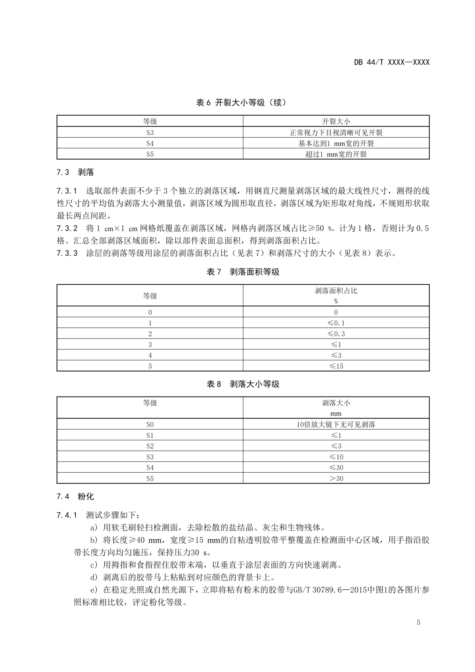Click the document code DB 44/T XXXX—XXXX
click(x=391, y=62)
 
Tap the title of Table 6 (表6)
click(x=241, y=103)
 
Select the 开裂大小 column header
click(x=336, y=121)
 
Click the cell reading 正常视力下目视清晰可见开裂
click(x=336, y=132)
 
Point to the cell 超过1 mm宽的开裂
click(x=336, y=154)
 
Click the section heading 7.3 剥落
click(x=75, y=172)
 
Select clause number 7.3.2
click(x=67, y=228)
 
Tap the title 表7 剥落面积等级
click(x=243, y=272)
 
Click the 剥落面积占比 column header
click(x=336, y=291)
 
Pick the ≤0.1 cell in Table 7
click(x=336, y=323)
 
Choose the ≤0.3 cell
click(x=336, y=334)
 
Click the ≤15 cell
click(x=336, y=366)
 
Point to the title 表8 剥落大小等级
click(x=243, y=384)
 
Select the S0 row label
click(x=150, y=425)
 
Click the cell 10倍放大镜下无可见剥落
click(x=336, y=425)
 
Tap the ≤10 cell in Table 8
click(x=336, y=457)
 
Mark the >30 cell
click(x=336, y=478)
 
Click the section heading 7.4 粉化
click(x=75, y=496)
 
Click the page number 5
click(x=418, y=622)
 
